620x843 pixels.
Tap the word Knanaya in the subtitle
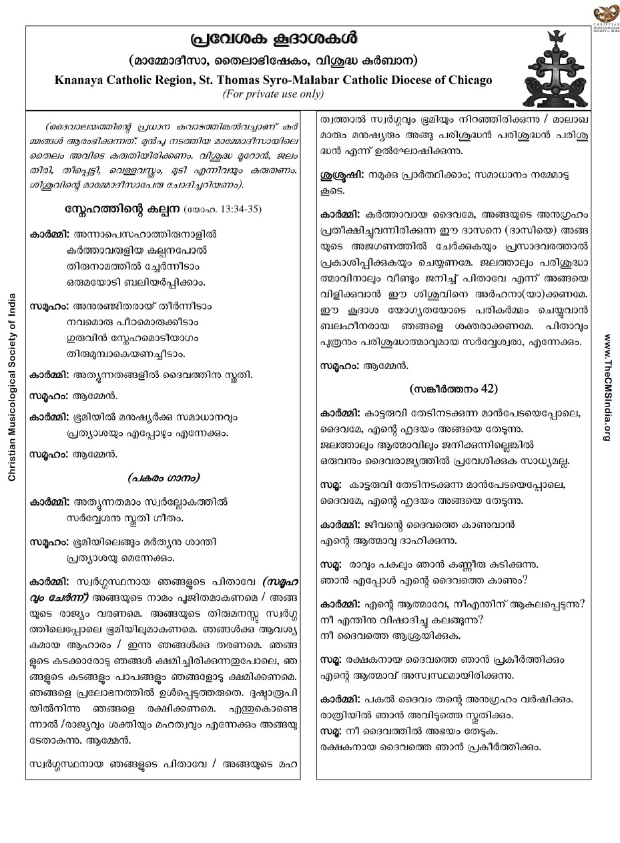click(81, 80)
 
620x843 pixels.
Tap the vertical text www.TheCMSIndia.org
click(607, 386)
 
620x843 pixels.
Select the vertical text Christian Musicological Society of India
click(11, 386)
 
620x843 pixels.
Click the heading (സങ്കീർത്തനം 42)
click(453, 388)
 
